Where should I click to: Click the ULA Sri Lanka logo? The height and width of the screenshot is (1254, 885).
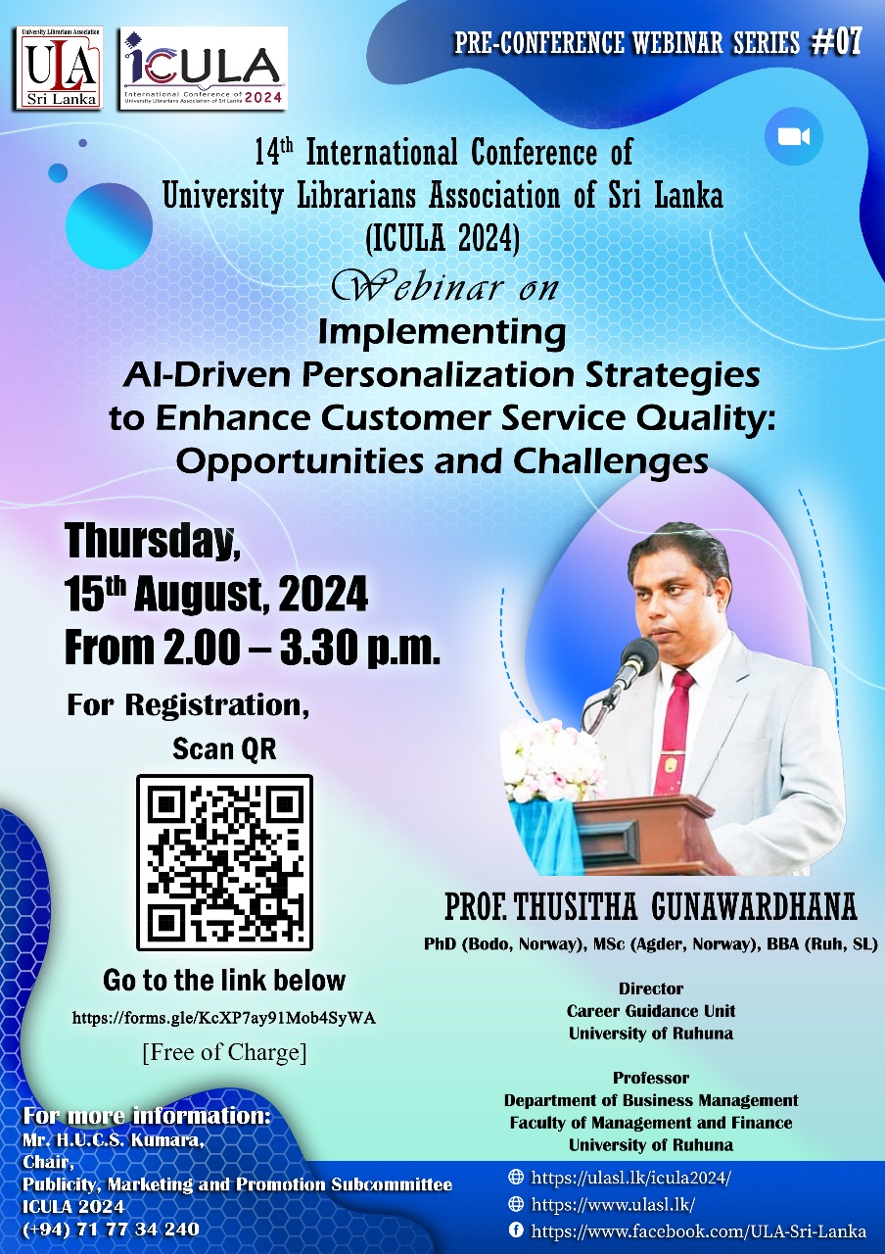pyautogui.click(x=58, y=68)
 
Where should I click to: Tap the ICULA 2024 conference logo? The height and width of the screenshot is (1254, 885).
pyautogui.click(x=204, y=68)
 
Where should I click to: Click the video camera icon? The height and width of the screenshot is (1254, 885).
pyautogui.click(x=794, y=136)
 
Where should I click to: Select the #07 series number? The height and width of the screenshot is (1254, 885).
pyautogui.click(x=836, y=42)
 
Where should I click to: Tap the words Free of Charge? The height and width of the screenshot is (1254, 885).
pyautogui.click(x=224, y=1052)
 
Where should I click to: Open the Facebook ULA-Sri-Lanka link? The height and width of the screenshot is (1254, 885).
pyautogui.click(x=698, y=1231)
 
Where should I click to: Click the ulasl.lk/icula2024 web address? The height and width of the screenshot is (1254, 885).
pyautogui.click(x=630, y=1178)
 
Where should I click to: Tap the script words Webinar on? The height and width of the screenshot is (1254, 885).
pyautogui.click(x=444, y=287)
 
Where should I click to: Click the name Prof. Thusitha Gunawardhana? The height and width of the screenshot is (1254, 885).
pyautogui.click(x=650, y=907)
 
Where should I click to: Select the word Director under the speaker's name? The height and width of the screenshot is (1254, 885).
pyautogui.click(x=651, y=989)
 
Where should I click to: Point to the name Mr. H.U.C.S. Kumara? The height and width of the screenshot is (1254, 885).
pyautogui.click(x=113, y=1139)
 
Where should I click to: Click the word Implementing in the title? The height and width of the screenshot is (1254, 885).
pyautogui.click(x=442, y=332)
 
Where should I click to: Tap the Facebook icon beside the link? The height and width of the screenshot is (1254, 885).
pyautogui.click(x=515, y=1230)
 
